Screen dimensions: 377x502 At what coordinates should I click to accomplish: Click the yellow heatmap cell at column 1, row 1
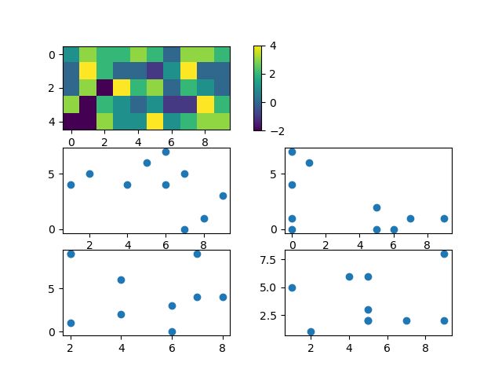[88, 71]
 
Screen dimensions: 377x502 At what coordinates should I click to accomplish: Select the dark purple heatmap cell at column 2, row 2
[104, 87]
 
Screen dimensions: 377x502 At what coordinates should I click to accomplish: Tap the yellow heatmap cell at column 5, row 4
[155, 121]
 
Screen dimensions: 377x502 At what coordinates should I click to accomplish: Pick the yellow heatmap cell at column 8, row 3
[205, 104]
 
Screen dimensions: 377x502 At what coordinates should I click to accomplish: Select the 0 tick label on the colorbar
[272, 102]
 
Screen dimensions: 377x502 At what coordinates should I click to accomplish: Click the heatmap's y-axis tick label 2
[53, 88]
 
